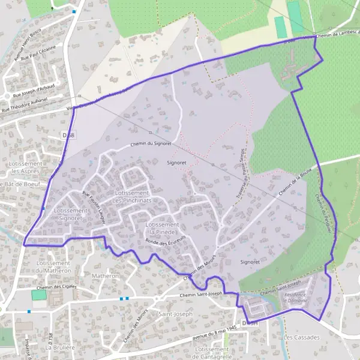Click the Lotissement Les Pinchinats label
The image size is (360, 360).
point(131,196)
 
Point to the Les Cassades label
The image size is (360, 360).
point(302,337)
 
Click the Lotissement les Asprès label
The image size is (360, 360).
point(25,167)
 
